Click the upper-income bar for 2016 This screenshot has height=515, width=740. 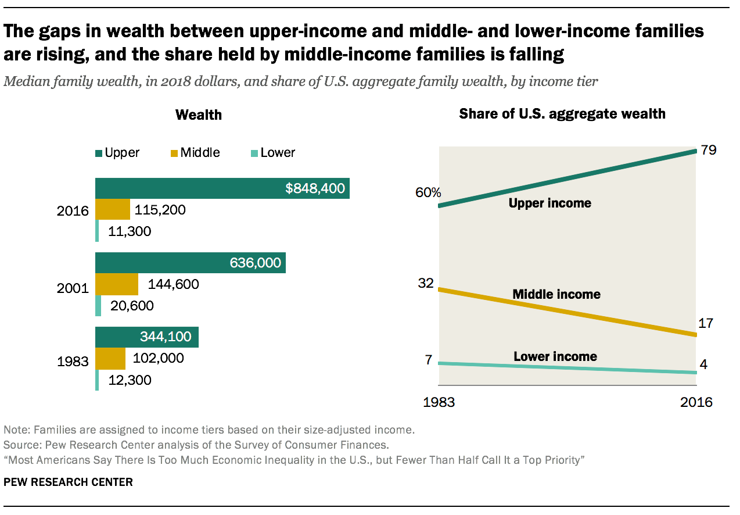click(x=222, y=188)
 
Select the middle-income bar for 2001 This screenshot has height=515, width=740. click(x=117, y=284)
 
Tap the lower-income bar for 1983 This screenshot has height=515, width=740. click(x=97, y=380)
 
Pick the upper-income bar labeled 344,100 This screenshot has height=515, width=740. click(x=147, y=337)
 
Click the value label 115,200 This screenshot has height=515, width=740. click(x=160, y=209)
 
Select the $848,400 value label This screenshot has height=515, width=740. click(x=315, y=188)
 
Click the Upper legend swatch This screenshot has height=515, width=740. click(x=99, y=153)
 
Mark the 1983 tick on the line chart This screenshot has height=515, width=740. click(x=439, y=402)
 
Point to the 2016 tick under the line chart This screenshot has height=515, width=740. click(x=696, y=402)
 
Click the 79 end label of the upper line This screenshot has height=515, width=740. click(x=708, y=150)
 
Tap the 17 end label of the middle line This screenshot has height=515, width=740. click(x=706, y=323)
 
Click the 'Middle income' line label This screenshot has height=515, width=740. click(x=556, y=294)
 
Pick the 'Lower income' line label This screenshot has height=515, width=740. click(x=555, y=356)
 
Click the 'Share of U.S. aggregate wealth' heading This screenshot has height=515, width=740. click(x=562, y=113)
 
